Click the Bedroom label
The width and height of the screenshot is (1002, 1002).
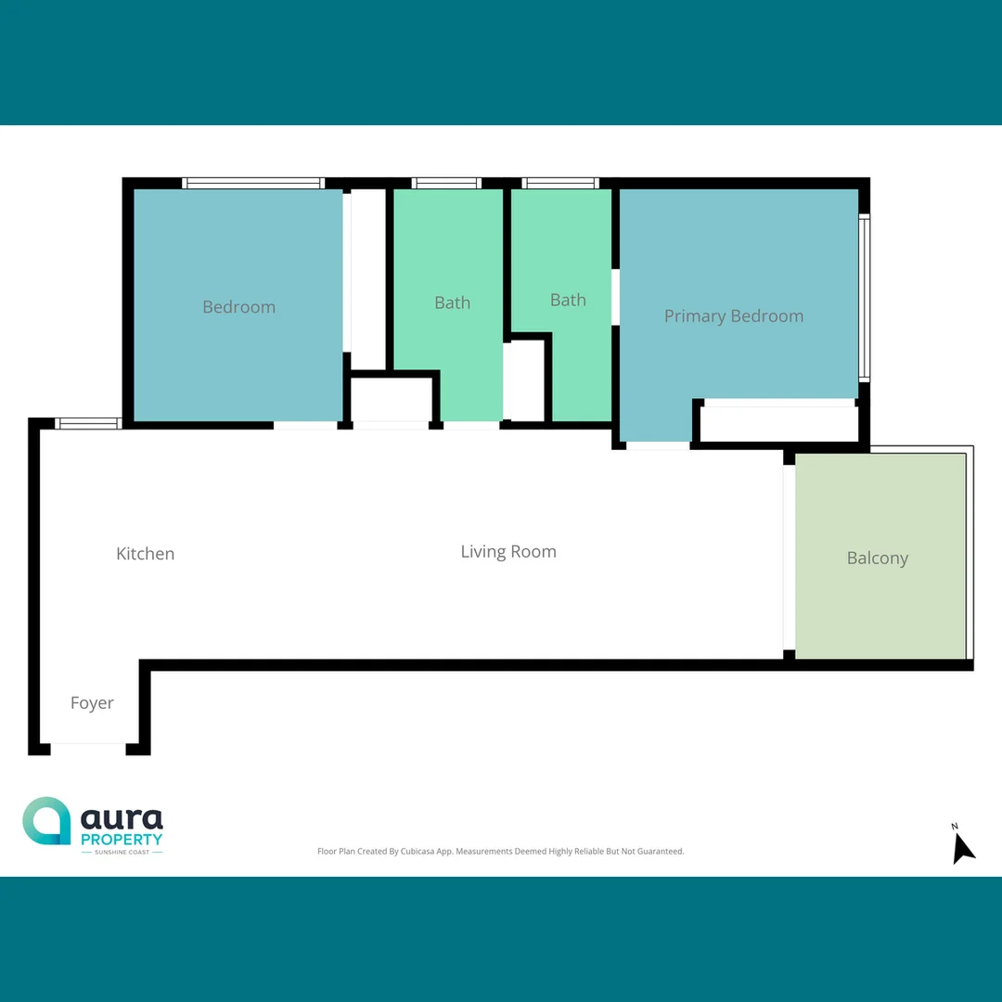[238, 307]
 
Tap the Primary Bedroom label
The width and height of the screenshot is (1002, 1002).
[733, 316]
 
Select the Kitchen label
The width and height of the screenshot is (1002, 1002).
[145, 554]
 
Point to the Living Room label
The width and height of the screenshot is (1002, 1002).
[508, 552]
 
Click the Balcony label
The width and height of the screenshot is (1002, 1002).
[877, 559]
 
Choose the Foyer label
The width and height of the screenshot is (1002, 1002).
[92, 703]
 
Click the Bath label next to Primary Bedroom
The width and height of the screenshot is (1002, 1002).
[568, 300]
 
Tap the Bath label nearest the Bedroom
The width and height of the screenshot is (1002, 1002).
[452, 302]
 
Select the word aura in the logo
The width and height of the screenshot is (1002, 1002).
[122, 819]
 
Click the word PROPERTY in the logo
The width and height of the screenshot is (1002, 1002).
[122, 840]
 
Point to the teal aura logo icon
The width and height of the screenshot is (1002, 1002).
[46, 821]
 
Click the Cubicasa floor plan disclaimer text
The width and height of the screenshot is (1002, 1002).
[500, 851]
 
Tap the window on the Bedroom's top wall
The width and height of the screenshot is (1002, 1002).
[252, 183]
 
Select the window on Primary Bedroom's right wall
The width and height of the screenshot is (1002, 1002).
[864, 298]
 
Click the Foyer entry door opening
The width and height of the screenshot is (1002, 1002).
[88, 748]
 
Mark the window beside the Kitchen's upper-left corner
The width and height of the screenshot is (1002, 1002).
[88, 423]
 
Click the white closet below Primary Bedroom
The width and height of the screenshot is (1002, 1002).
[777, 424]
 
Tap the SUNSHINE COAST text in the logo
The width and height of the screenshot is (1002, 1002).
[122, 852]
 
